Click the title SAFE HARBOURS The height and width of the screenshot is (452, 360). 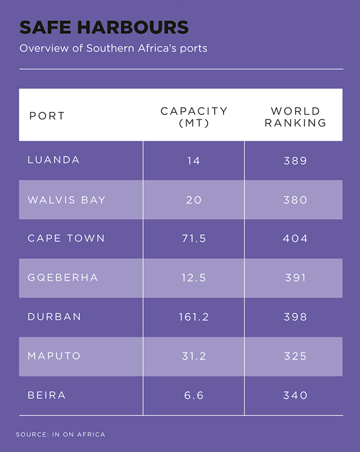104,27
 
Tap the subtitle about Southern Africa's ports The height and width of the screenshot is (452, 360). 113,48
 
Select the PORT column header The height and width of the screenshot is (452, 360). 47,116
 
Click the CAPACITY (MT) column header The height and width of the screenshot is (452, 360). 194,117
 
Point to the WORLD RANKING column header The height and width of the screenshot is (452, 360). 295,117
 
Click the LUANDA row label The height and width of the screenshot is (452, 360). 54,160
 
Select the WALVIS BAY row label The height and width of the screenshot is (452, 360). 66,200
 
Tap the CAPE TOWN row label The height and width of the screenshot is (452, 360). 66,238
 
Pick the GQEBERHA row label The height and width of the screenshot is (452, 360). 63,278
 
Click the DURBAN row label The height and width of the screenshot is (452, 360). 54,317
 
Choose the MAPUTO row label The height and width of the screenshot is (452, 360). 54,356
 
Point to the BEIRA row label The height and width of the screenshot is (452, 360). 47,396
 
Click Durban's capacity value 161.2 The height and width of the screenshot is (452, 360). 194,317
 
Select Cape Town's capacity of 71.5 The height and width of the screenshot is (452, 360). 194,238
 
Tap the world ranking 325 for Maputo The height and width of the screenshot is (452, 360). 295,356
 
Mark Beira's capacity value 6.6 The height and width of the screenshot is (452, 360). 194,396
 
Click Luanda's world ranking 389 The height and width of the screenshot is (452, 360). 295,160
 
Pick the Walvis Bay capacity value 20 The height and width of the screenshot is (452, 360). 194,200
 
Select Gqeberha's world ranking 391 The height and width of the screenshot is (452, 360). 295,278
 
